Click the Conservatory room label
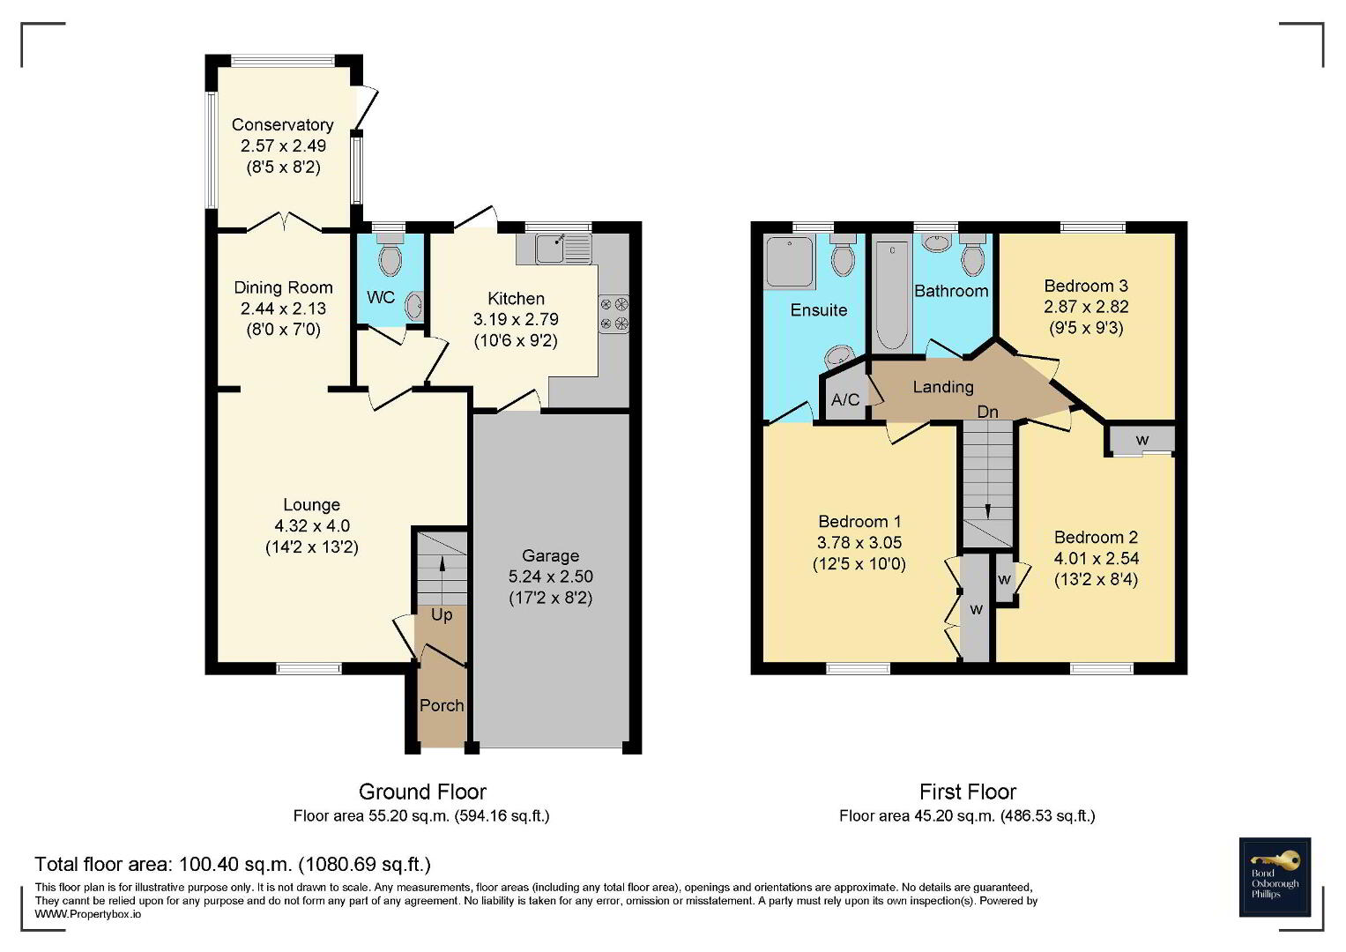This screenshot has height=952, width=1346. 282,124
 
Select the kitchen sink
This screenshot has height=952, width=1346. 563,249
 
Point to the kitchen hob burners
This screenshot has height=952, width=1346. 614,313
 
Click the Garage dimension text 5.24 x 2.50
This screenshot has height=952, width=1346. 550,576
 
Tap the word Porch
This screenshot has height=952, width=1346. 442,705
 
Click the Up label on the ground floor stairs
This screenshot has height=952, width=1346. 442,615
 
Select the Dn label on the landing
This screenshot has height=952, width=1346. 988,412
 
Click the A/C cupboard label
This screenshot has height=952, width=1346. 845,399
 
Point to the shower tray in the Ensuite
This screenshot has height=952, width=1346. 789,262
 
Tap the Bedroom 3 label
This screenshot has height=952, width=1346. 1086,286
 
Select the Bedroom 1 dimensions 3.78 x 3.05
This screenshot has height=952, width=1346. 859,542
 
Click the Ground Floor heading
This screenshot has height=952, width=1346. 422,792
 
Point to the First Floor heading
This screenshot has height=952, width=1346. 968,792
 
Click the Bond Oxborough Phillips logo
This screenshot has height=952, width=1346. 1275,877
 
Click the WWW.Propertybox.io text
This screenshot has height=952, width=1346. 88,914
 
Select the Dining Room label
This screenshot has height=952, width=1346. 283,287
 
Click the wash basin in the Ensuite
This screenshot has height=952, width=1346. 840,356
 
